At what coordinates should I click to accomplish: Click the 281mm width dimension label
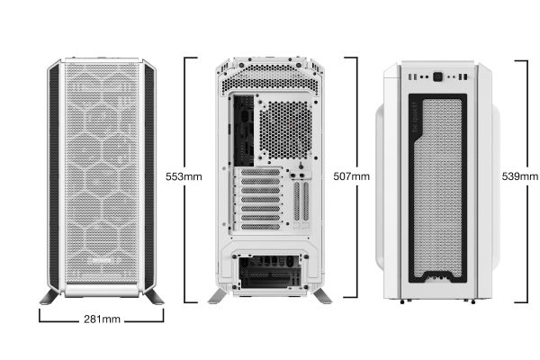tap(102, 319)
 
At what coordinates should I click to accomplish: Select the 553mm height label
tap(184, 176)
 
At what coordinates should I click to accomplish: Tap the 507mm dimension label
tap(351, 176)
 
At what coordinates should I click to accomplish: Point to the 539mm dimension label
tap(519, 176)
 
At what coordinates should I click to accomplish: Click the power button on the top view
tap(437, 76)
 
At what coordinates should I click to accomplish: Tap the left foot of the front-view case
tap(50, 297)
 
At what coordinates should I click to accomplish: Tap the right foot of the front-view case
tap(154, 297)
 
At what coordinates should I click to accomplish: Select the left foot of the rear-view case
tap(218, 296)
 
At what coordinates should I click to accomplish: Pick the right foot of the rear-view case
tap(322, 296)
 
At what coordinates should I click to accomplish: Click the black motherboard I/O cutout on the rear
tap(244, 130)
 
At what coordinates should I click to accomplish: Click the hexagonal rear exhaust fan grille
tap(285, 130)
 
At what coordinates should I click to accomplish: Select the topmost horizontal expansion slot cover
tap(260, 172)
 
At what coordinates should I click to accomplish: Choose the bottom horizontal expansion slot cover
tap(260, 227)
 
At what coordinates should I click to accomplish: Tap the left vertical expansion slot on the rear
tap(297, 202)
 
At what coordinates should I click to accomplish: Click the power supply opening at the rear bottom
tap(270, 272)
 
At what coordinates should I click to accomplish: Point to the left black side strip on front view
tap(54, 176)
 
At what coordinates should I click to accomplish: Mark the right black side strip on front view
tap(149, 176)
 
